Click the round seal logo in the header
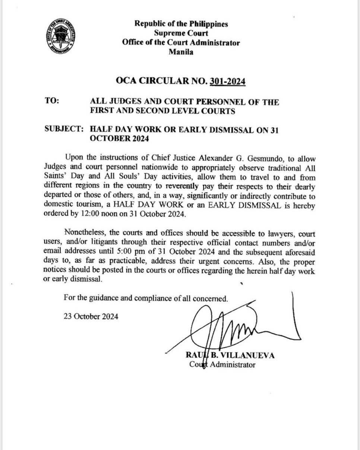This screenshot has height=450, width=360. (64, 37)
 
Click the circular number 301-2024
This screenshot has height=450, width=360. (228, 81)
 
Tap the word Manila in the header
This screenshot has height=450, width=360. (181, 52)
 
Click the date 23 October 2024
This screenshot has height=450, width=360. (91, 317)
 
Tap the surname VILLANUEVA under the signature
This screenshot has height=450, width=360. (249, 355)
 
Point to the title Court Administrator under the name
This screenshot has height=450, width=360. (222, 365)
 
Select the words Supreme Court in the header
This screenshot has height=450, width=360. (181, 34)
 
